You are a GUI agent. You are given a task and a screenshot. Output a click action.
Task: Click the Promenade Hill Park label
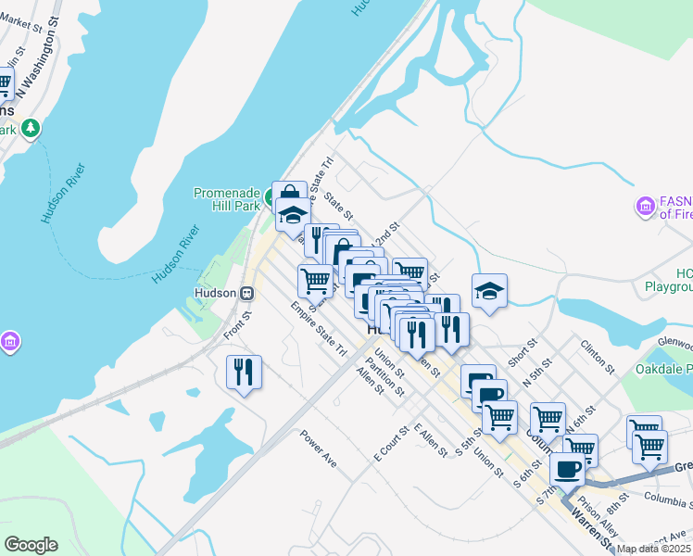pos(226,199)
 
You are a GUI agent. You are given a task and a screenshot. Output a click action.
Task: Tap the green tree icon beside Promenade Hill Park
pos(269,198)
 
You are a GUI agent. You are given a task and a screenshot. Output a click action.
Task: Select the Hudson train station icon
pos(247,293)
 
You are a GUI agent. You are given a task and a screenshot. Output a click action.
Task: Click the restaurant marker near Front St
pos(244,373)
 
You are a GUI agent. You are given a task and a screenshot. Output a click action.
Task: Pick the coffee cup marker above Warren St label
pos(567,469)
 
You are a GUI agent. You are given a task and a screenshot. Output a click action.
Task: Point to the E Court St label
pos(392,445)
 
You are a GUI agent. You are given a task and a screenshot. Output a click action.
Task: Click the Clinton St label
pos(598,356)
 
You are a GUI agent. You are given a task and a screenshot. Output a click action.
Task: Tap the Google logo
pos(31,545)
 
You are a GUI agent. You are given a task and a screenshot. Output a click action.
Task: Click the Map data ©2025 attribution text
pos(654,549)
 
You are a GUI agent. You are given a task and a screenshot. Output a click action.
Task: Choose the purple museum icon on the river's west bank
pos(10,342)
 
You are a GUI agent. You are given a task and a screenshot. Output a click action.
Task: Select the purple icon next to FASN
pos(645,206)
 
